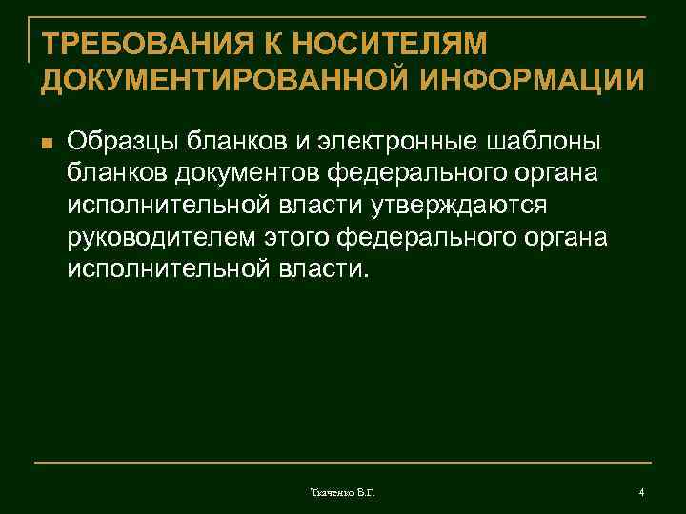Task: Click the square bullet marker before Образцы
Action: [44, 144]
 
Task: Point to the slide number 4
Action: [641, 492]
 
